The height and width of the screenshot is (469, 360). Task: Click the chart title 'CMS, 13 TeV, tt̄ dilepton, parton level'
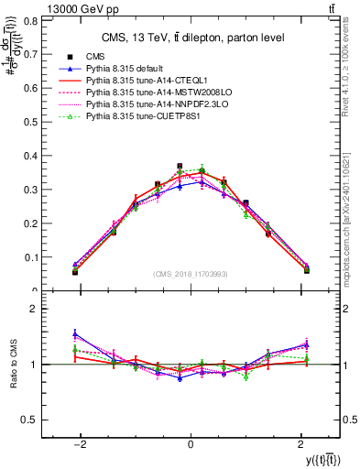[x=191, y=38]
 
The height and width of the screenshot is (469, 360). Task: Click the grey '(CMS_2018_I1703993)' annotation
[x=191, y=274]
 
